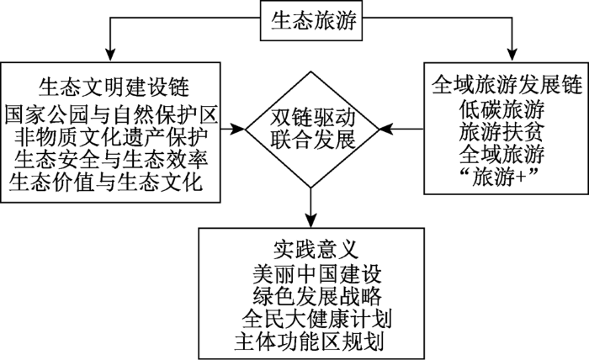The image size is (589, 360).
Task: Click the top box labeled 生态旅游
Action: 311,20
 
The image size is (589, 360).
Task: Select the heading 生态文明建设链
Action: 114,87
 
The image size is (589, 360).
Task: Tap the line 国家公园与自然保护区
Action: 111,114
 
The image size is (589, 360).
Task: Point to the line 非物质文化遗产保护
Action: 111,137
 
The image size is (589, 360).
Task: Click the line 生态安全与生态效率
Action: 111,160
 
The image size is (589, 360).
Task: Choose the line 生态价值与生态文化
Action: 106,183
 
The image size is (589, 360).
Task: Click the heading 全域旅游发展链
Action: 507,84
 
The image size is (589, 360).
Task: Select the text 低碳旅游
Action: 501,109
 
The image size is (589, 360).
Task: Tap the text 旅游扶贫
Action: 501,132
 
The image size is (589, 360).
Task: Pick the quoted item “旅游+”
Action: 499,177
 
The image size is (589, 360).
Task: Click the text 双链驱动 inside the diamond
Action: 312,119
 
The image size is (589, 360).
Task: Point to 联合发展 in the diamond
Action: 312,140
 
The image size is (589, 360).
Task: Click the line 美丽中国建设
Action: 317,275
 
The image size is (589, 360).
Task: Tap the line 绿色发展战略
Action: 317,297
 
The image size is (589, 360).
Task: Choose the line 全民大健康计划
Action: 317,320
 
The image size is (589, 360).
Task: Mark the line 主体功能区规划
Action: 309,341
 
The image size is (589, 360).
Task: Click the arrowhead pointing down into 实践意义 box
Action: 311,220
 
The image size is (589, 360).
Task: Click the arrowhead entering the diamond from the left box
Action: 238,129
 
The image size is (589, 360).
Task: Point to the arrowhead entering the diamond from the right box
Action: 385,129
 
